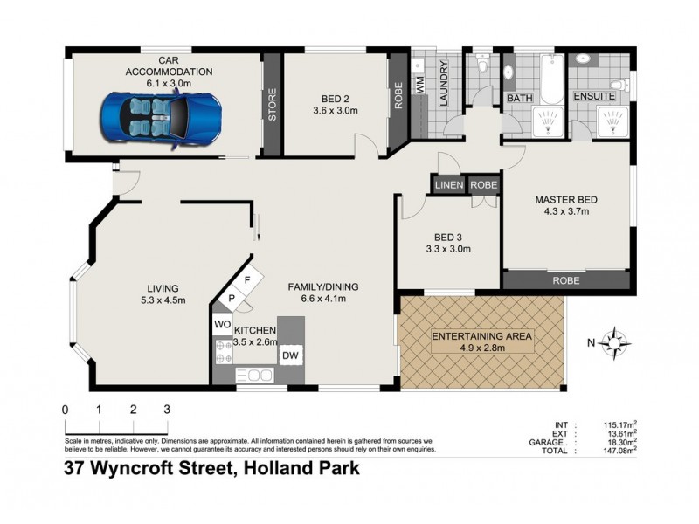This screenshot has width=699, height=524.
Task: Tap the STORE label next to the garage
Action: pyautogui.click(x=272, y=105)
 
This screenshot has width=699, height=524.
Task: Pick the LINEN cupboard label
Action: pyautogui.click(x=448, y=185)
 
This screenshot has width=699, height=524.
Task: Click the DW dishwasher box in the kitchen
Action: pyautogui.click(x=290, y=356)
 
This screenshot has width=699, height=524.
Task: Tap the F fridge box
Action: pyautogui.click(x=248, y=281)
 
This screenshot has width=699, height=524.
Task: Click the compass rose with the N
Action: pyautogui.click(x=617, y=341)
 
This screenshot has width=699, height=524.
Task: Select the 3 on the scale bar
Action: pyautogui.click(x=166, y=409)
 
